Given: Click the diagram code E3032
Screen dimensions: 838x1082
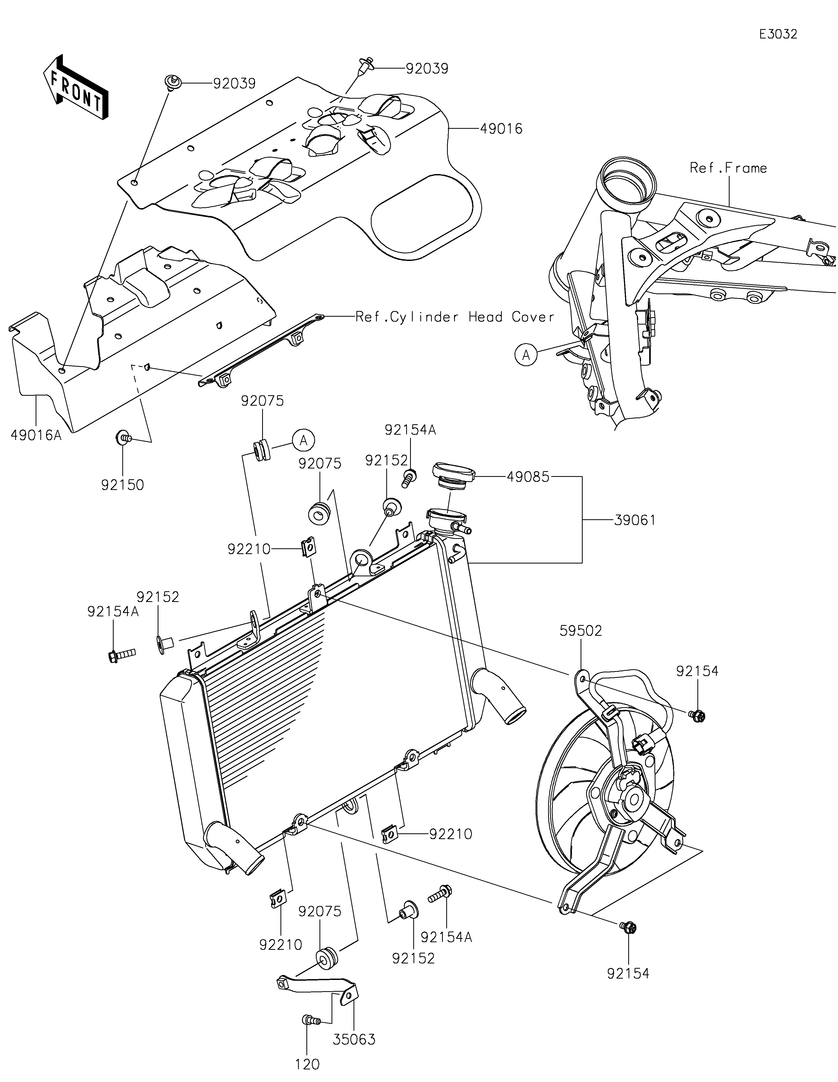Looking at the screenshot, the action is pyautogui.click(x=778, y=34).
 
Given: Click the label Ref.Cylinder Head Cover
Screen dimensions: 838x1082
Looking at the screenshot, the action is pyautogui.click(x=455, y=317).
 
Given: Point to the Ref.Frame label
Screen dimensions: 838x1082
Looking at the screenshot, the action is pyautogui.click(x=728, y=168).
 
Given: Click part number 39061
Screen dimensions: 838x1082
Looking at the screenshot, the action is pyautogui.click(x=635, y=520).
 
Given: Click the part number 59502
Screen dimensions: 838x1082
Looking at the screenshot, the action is pyautogui.click(x=581, y=631).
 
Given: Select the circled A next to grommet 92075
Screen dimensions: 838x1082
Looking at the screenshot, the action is pyautogui.click(x=304, y=439).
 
